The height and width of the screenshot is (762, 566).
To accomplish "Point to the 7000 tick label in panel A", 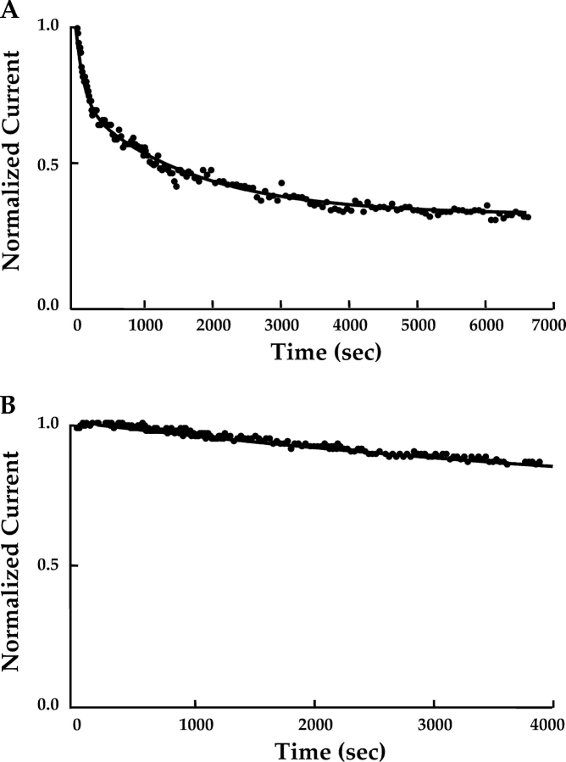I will pyautogui.click(x=552, y=325).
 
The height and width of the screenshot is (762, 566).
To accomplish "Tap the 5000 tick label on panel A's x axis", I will pyautogui.click(x=417, y=325).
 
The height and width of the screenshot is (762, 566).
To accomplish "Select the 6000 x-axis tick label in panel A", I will pyautogui.click(x=485, y=325).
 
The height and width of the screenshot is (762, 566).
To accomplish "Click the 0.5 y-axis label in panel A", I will pyautogui.click(x=48, y=163).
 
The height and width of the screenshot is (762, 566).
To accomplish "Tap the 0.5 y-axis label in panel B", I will pyautogui.click(x=48, y=565).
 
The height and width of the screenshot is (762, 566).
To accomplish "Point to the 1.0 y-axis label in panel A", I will pyautogui.click(x=48, y=27).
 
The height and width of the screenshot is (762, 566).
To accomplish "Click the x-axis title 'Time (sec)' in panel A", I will pyautogui.click(x=314, y=352).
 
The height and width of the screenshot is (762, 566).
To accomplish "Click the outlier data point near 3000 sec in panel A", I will pyautogui.click(x=280, y=182).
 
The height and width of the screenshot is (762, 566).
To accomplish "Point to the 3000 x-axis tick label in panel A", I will pyautogui.click(x=280, y=325).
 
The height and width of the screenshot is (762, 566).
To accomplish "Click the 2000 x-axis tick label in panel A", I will pyautogui.click(x=213, y=325).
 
